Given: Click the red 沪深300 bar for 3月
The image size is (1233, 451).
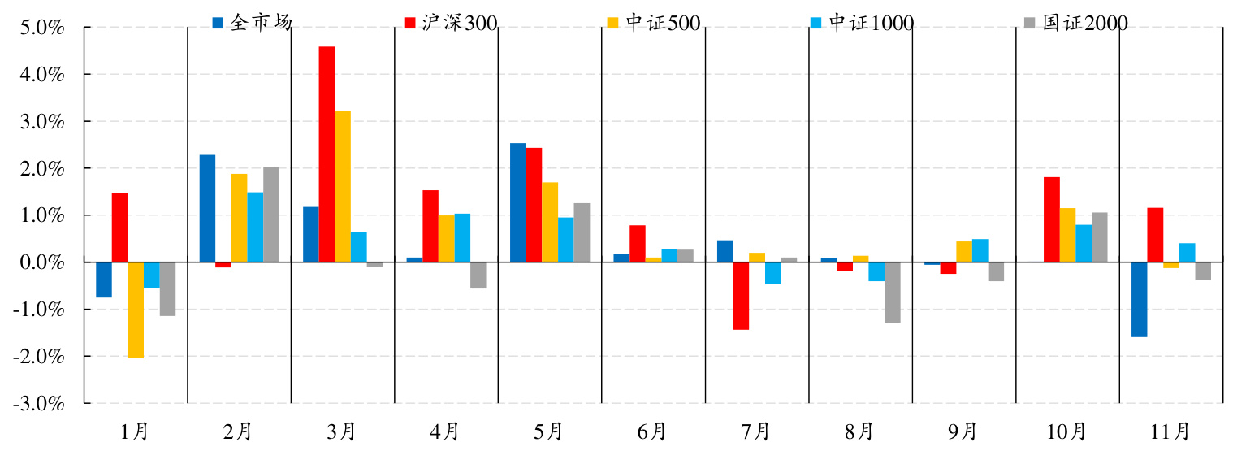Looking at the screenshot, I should point(327,154).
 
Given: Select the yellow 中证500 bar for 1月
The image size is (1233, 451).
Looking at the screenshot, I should point(136,310).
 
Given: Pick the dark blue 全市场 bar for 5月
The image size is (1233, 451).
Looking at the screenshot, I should point(517,202).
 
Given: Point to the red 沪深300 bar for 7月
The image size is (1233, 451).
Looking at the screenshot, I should point(741,296).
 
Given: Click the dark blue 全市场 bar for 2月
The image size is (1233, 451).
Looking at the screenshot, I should point(207,208).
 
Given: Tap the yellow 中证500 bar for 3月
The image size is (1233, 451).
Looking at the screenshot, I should point(343,186).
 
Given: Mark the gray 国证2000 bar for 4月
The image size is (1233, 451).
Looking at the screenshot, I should point(478,275).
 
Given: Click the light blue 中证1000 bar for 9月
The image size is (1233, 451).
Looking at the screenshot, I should point(980,250).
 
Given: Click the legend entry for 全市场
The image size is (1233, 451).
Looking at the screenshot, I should point(252,23).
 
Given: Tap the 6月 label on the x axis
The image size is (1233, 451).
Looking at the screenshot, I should point(652,431).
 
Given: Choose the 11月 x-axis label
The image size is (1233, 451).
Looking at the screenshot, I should point(1170,431).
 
